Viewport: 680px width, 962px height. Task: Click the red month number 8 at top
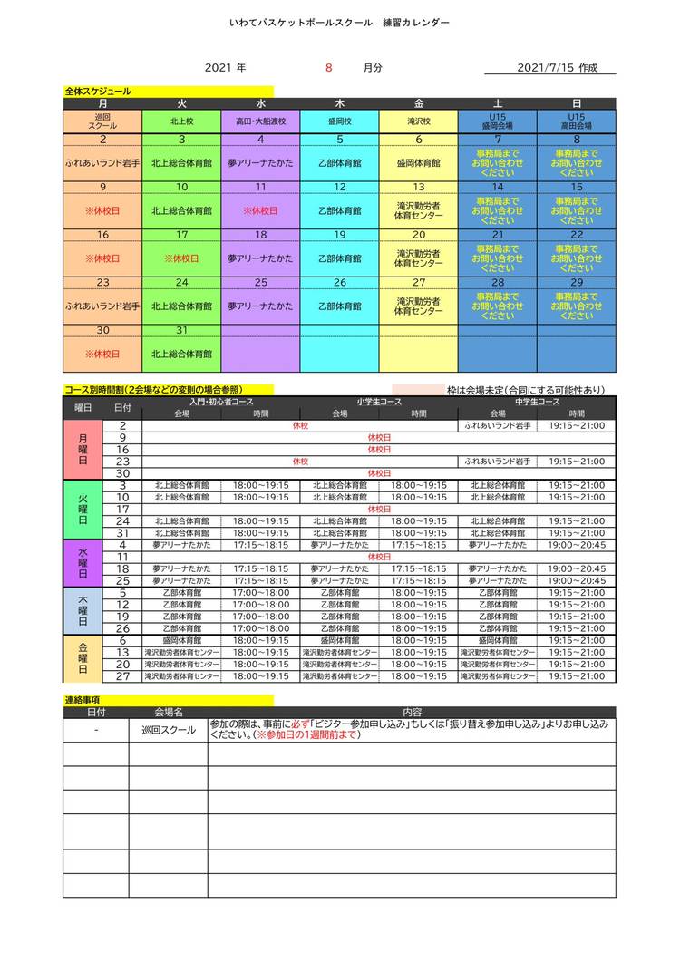coord(329,68)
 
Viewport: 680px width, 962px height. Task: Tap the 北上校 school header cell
coord(181,121)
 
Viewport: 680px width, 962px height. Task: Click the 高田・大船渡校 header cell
coord(260,121)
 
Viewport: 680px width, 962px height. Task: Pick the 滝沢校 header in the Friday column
coord(418,121)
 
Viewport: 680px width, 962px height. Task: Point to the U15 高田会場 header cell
coord(577,121)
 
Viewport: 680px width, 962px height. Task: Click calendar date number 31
coord(181,329)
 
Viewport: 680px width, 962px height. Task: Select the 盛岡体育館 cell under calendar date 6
coord(418,163)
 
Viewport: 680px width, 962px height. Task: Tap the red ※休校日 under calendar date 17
coord(181,258)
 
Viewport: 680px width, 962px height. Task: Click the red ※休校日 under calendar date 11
coord(260,210)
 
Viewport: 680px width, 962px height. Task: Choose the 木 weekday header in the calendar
coord(339,104)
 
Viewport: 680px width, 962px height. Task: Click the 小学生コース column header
coord(379,402)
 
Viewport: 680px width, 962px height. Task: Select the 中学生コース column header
coord(537,402)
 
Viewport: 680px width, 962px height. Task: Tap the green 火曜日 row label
coord(83,509)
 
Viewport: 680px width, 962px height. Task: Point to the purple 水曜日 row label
coord(83,562)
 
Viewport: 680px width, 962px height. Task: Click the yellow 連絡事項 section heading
coord(83,700)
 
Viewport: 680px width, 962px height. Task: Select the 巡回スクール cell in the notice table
coord(168,730)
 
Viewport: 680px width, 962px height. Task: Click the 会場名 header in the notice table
coord(168,713)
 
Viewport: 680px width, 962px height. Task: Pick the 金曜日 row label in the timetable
coord(83,658)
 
